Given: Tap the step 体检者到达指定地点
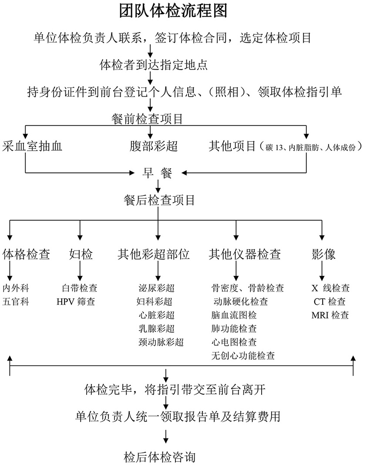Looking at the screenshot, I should tap(154, 65).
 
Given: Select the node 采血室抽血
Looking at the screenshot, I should tap(32, 146).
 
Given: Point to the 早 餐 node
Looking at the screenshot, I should tap(157, 173).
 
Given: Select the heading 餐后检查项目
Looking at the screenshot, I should tap(159, 200).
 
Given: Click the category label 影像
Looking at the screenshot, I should tap(324, 254).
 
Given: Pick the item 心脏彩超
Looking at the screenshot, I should tap(156, 315).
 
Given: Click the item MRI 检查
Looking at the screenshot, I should tap(330, 315).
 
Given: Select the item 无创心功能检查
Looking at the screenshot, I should tap(243, 356).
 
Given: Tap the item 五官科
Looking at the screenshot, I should tap(16, 301).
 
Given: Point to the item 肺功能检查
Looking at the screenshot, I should tap(234, 329).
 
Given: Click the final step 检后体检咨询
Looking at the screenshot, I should tap(160, 457).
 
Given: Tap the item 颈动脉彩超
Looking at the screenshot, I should tap(161, 342).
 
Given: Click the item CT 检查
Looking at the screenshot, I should tap(330, 301).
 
